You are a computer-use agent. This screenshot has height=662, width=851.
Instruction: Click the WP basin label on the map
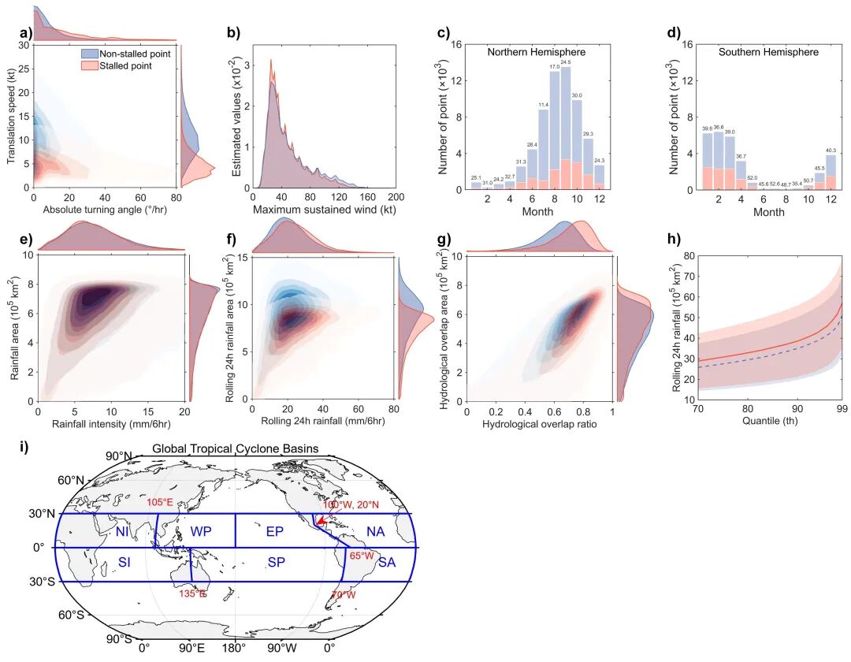(x=201, y=532)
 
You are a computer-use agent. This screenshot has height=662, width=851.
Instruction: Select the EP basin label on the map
(x=274, y=532)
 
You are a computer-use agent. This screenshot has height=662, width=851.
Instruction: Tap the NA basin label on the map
(x=375, y=532)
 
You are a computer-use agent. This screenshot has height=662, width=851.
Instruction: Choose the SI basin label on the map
(x=124, y=561)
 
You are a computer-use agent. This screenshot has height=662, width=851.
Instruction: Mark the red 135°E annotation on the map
(x=194, y=593)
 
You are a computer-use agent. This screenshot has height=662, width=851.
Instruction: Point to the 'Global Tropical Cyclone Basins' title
(x=236, y=449)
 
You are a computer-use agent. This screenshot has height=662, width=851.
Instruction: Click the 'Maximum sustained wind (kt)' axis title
(x=325, y=211)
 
